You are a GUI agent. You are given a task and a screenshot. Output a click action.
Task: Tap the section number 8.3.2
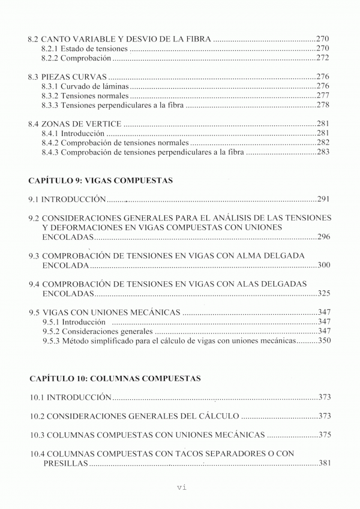pyautogui.click(x=51, y=96)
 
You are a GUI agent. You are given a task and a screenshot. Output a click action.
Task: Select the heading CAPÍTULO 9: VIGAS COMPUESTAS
pyautogui.click(x=101, y=180)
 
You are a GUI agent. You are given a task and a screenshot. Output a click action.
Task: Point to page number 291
pyautogui.click(x=324, y=200)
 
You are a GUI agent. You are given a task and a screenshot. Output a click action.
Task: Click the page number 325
pyautogui.click(x=323, y=294)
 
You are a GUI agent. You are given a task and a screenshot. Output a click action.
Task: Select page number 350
pyautogui.click(x=323, y=341)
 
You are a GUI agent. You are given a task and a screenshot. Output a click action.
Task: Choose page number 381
pyautogui.click(x=324, y=463)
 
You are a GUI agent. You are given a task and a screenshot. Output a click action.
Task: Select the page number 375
pyautogui.click(x=324, y=435)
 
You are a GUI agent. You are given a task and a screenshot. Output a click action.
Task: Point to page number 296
pyautogui.click(x=323, y=237)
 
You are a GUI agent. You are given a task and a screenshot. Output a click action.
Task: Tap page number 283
pyautogui.click(x=323, y=153)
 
